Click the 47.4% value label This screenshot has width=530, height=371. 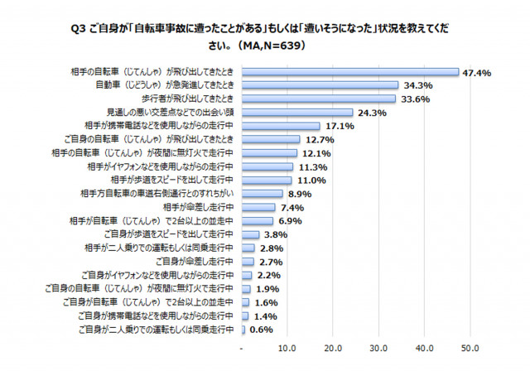coord(477,73)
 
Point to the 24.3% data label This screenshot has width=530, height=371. coord(372,113)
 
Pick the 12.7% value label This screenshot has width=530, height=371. coord(319,139)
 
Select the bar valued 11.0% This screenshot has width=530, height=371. coord(267,180)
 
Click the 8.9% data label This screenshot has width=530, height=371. coord(299,193)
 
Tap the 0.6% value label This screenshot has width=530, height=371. coord(262,330)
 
